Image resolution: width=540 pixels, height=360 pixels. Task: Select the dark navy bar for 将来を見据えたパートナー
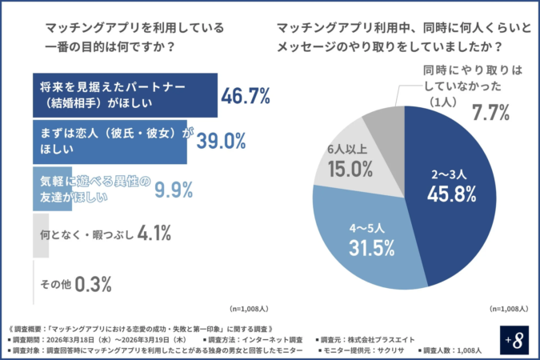coord(124,95)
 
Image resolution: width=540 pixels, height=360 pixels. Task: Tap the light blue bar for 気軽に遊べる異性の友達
coord(51,189)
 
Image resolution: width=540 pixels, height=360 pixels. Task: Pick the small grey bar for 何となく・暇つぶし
coord(40,235)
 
